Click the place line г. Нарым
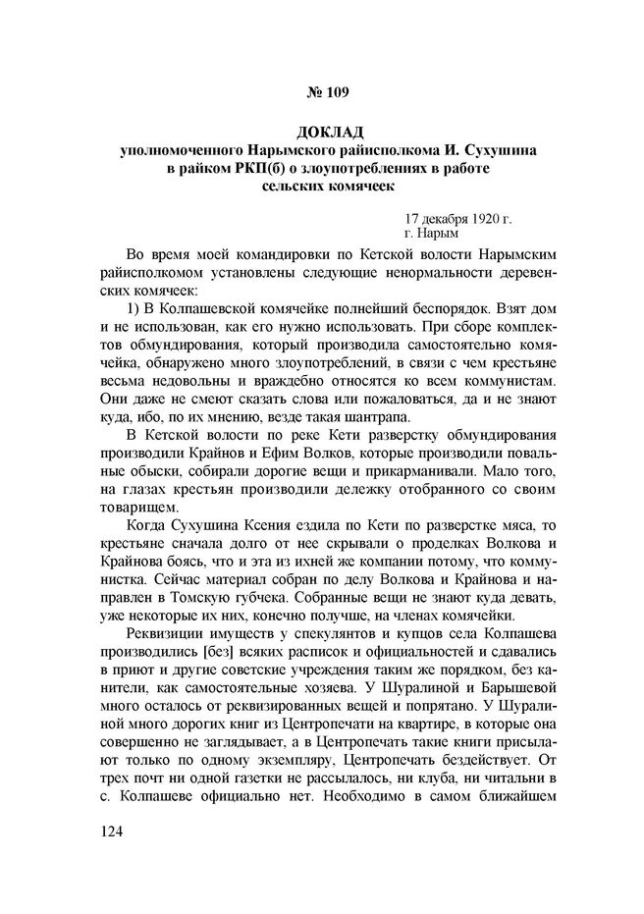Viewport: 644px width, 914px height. [432, 236]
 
